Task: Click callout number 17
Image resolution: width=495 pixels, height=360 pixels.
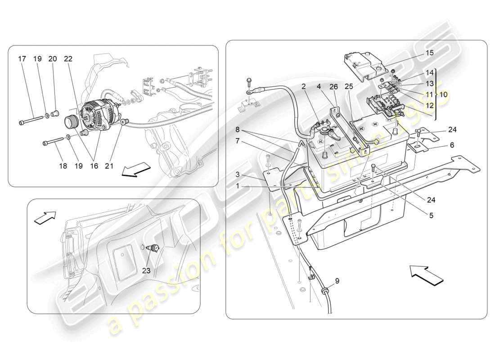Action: [22, 58]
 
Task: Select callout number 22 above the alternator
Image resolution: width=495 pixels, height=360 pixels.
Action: [68, 58]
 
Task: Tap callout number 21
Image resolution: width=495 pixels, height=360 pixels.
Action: [109, 166]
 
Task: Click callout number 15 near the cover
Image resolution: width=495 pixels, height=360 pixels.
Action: [429, 53]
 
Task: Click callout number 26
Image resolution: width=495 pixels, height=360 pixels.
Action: [346, 87]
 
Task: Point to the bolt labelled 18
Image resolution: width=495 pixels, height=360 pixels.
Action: [53, 143]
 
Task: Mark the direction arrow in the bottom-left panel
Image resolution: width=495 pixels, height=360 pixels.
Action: [45, 218]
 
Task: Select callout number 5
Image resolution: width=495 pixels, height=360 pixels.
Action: [431, 215]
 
